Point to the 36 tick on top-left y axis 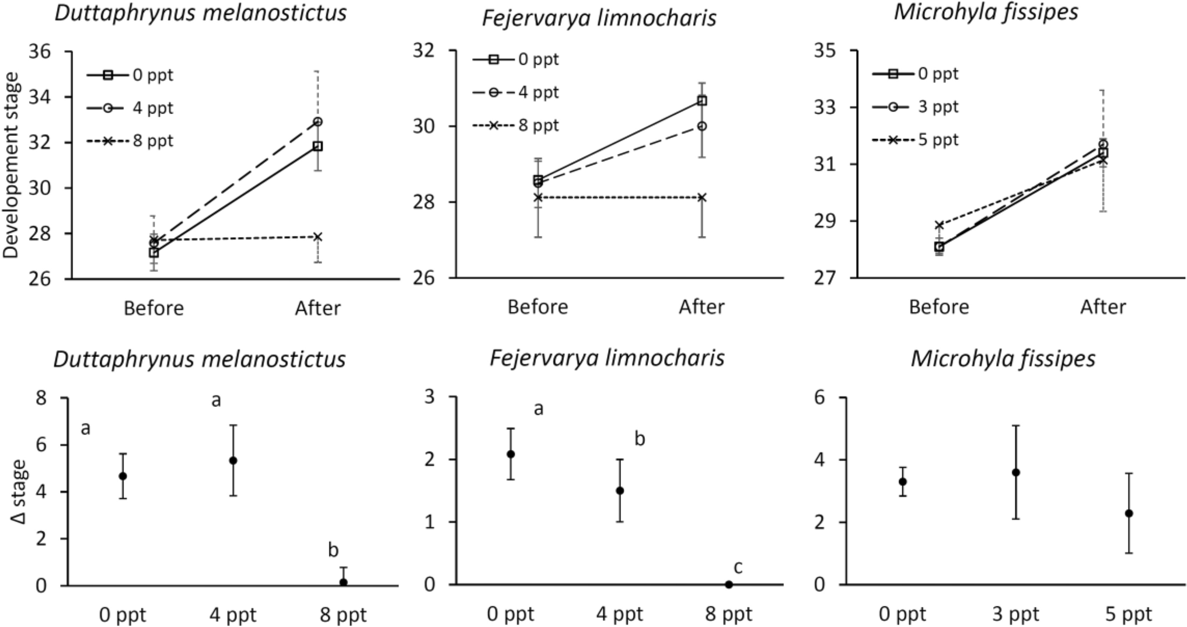click(40, 51)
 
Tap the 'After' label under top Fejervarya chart click(701, 306)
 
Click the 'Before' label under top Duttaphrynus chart click(153, 308)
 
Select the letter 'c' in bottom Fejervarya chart click(738, 567)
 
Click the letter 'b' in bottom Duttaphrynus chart click(333, 549)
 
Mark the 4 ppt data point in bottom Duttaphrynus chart click(233, 460)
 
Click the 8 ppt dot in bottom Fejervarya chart click(729, 584)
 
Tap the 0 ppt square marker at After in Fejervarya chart click(702, 100)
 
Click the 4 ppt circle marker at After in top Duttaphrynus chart click(318, 121)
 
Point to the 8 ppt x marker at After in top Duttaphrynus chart click(318, 236)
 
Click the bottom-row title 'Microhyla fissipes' click(1003, 358)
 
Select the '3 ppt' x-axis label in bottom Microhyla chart click(1016, 614)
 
